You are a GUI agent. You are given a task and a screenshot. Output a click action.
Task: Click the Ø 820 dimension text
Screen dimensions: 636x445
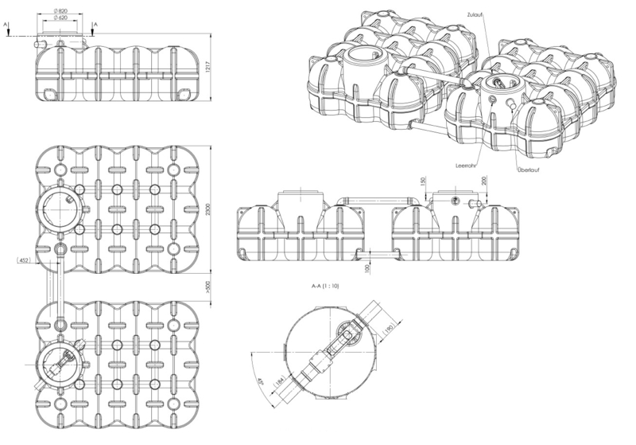(60, 11)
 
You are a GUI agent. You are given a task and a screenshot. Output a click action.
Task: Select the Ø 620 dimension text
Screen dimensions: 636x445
(60, 18)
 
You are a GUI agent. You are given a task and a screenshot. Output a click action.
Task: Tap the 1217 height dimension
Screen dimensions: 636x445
(207, 68)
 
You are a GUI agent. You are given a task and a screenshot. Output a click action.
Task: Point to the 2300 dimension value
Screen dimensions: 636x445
(208, 209)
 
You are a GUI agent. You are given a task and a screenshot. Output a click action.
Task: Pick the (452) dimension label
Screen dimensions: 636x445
(24, 260)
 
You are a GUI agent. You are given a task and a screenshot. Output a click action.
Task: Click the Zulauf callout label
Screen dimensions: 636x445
(475, 14)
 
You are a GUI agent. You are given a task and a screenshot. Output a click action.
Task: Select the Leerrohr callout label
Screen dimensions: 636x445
(466, 166)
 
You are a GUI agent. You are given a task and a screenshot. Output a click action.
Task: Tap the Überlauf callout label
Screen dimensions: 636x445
(529, 170)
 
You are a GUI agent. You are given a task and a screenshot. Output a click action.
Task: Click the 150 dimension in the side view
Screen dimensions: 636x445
(423, 181)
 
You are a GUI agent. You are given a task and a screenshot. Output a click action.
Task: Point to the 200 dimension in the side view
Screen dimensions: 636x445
(484, 181)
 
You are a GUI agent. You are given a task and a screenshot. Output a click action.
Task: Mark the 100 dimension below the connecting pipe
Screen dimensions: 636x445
(367, 268)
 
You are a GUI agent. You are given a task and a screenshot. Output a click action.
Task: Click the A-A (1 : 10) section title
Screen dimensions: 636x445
(325, 286)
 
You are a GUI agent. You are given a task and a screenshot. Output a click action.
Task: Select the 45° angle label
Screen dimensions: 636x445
(260, 382)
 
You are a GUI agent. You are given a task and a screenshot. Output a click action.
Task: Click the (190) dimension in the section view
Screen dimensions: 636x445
(388, 329)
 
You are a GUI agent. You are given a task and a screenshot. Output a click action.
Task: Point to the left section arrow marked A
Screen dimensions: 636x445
(8, 30)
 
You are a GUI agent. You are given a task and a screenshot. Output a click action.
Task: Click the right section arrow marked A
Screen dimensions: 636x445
(93, 30)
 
